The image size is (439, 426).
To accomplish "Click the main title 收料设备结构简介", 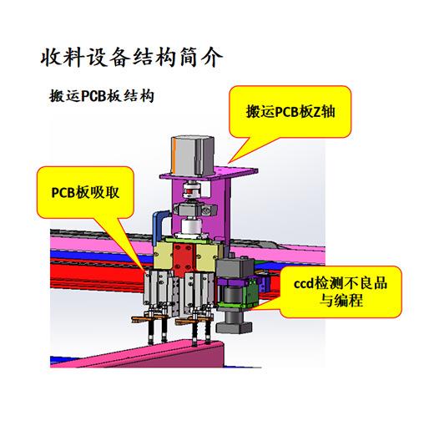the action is (132, 58).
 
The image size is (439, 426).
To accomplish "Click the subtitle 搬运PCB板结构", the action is (102, 96).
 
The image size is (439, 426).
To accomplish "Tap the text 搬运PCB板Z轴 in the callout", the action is (290, 112).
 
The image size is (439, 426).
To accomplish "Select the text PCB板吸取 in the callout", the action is (85, 193).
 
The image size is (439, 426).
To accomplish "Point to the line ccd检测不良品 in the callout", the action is (341, 283).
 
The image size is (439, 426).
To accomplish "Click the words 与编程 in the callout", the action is (341, 301).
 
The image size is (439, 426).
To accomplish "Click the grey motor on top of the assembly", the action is (192, 155).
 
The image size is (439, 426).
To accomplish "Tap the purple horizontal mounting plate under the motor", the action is (209, 172).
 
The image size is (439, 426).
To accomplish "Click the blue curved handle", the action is (159, 226).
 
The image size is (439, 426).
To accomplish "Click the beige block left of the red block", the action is (164, 256).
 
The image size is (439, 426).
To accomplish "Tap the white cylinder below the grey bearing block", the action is (191, 226).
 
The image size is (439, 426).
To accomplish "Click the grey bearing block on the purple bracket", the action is (194, 210).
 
